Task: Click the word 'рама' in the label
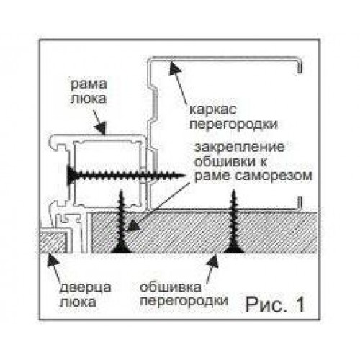click(89, 85)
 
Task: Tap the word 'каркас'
click(213, 110)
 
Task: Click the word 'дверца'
click(85, 288)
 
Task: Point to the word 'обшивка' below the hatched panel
click(170, 287)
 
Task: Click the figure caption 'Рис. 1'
click(275, 304)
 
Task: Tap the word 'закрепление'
click(240, 147)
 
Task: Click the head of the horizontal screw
click(70, 175)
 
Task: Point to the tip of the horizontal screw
click(186, 176)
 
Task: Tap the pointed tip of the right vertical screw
click(234, 191)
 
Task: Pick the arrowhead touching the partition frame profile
click(174, 68)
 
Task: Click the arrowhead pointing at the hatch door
click(51, 260)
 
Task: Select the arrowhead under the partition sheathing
click(213, 261)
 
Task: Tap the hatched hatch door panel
click(53, 240)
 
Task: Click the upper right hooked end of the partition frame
click(300, 66)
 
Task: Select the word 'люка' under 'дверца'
click(78, 302)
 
